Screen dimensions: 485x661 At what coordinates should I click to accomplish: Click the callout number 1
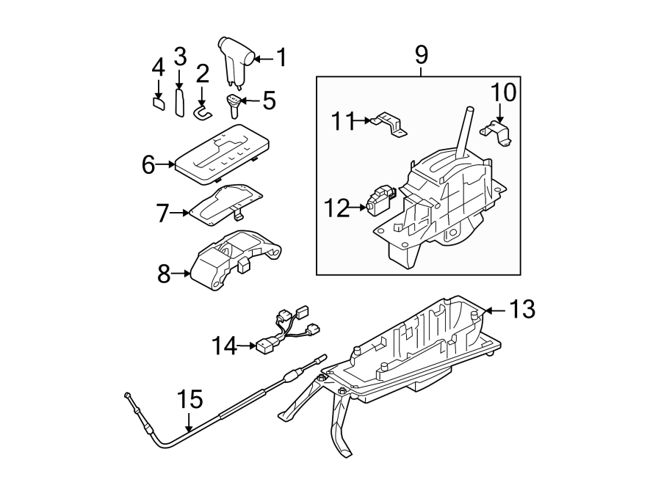[x=279, y=57]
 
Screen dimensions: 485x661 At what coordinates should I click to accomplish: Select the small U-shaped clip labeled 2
[x=202, y=112]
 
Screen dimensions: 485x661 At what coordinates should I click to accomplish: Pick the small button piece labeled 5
[x=234, y=105]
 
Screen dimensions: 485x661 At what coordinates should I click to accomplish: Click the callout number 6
[x=148, y=165]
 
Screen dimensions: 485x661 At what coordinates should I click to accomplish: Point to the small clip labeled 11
[x=389, y=123]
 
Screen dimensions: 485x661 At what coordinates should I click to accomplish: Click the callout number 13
[x=524, y=310]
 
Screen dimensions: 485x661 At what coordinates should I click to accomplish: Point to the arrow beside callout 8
[x=181, y=275]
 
